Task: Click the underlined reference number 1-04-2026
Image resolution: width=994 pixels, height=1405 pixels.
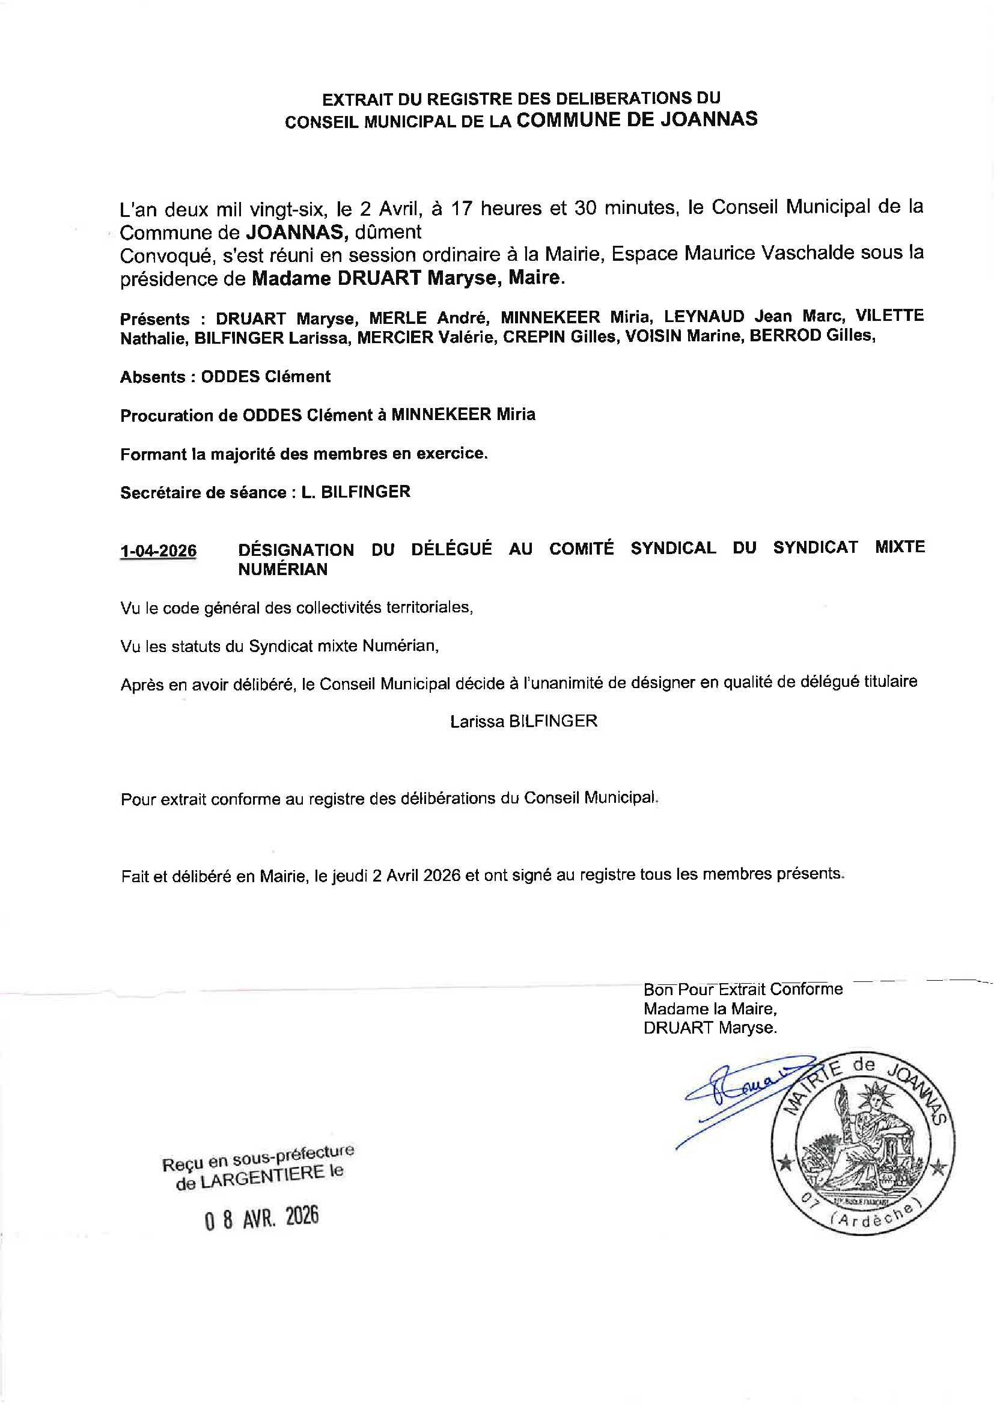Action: click(159, 551)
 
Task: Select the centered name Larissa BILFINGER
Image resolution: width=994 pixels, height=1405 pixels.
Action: click(523, 722)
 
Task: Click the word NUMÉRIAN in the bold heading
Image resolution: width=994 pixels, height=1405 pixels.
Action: click(283, 570)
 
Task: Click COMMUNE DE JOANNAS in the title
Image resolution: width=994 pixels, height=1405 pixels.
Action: click(636, 119)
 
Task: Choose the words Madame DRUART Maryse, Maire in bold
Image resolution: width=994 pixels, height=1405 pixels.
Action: click(406, 278)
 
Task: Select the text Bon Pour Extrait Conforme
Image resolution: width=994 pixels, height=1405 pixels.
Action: click(743, 990)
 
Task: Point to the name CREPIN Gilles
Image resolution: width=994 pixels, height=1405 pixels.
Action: click(560, 337)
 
